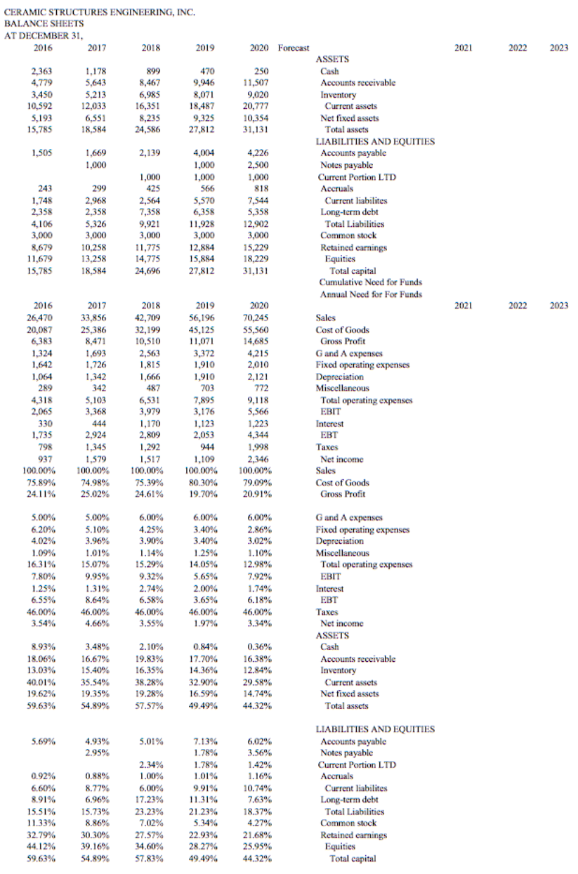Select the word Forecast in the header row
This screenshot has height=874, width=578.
293,48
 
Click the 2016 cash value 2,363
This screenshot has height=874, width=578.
41,71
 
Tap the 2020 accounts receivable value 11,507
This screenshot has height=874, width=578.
254,83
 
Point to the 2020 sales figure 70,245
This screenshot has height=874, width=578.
254,318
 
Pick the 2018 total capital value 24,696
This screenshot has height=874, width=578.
150,270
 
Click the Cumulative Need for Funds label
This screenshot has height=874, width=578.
370,282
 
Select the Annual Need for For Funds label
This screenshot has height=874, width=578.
371,294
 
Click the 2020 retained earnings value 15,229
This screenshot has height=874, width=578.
254,247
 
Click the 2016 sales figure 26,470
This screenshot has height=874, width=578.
41,318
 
